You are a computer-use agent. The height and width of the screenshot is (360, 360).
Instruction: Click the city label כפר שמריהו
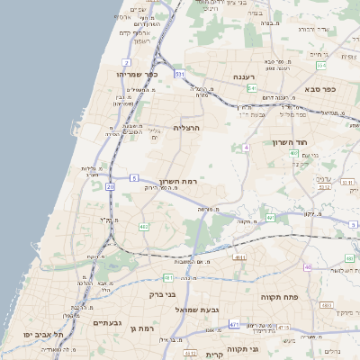point(137,74)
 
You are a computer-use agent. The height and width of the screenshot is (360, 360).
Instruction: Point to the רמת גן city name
point(142,328)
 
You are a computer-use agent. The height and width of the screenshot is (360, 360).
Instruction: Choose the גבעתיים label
point(107,321)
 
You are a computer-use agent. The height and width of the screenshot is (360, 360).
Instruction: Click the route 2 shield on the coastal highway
point(127,62)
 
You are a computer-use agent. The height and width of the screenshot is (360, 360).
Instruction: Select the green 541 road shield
point(180,73)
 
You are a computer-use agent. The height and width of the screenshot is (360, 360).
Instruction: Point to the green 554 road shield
point(253,88)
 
